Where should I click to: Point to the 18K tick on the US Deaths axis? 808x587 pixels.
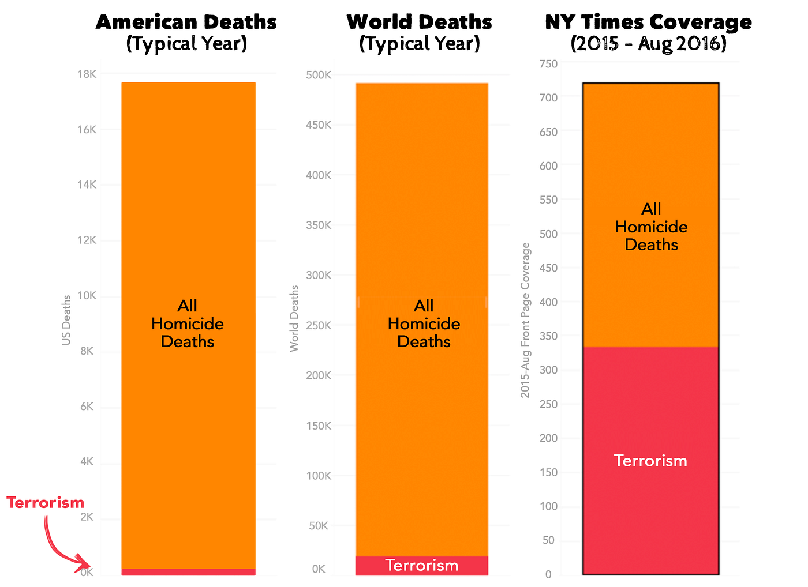[x=87, y=74]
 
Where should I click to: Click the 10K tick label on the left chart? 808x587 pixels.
[x=87, y=296]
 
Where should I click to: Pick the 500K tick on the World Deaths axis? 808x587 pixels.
[x=319, y=75]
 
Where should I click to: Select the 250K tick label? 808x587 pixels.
[x=319, y=326]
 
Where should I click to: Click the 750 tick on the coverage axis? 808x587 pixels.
[x=549, y=64]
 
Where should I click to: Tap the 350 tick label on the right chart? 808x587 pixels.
[x=549, y=336]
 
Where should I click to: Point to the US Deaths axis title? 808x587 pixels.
[x=66, y=321]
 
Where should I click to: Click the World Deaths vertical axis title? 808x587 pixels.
[x=294, y=319]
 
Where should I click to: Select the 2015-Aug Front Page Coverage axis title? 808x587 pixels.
[x=525, y=321]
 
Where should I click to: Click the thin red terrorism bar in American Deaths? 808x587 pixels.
[x=189, y=573]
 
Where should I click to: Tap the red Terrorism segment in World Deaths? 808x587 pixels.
[x=422, y=566]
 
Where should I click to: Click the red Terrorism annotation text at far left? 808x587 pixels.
[x=46, y=503]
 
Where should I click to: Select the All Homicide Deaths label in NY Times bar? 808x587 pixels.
[x=652, y=227]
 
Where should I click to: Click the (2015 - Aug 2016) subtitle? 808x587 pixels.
[x=649, y=44]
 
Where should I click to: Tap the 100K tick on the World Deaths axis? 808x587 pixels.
[x=319, y=476]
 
